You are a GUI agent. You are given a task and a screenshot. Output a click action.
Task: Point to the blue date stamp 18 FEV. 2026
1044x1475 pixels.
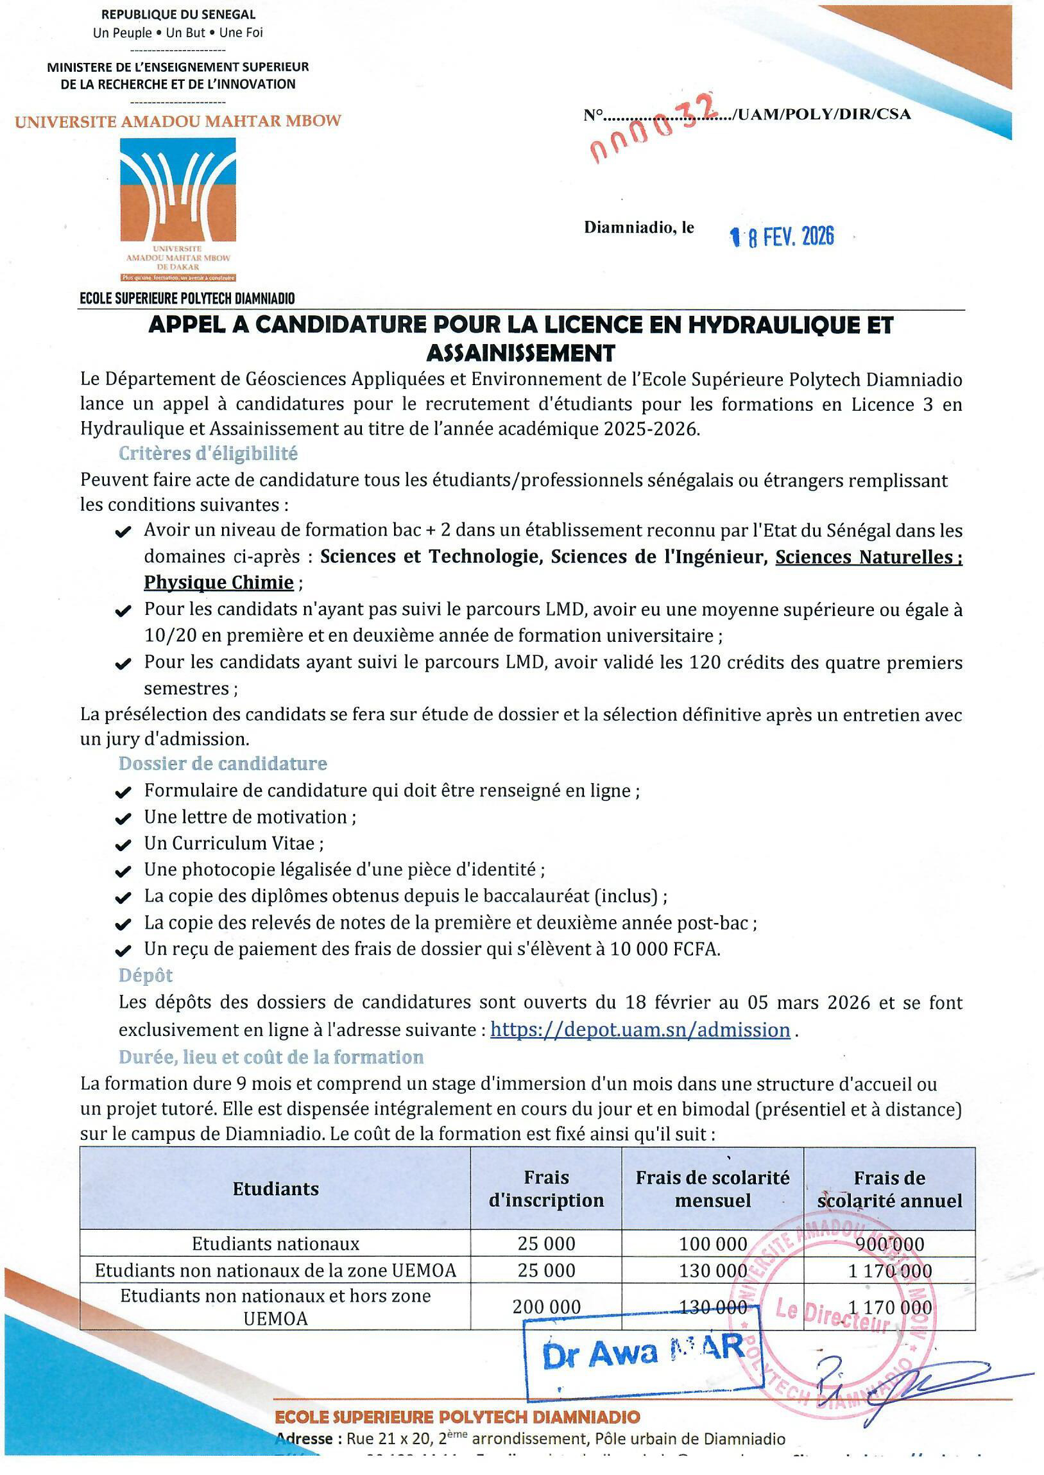point(782,237)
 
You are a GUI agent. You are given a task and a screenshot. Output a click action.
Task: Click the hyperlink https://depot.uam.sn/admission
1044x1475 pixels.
point(640,1030)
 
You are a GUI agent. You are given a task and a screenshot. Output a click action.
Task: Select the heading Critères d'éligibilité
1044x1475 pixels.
point(208,454)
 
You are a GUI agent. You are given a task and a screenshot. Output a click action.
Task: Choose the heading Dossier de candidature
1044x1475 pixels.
point(223,764)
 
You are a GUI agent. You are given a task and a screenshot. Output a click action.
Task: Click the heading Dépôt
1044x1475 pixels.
point(145,976)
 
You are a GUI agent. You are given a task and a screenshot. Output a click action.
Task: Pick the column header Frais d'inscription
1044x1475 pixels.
point(546,1189)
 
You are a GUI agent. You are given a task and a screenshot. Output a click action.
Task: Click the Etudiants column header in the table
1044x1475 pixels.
point(275,1189)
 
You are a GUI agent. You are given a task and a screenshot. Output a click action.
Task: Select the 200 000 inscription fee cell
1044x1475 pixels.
point(546,1307)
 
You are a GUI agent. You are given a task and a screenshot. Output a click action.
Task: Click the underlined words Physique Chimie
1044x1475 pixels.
point(219,583)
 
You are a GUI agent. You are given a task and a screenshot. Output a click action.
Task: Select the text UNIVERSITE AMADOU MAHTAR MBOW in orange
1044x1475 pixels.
point(178,121)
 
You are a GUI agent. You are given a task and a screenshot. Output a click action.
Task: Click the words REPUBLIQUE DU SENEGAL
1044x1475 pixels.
point(178,14)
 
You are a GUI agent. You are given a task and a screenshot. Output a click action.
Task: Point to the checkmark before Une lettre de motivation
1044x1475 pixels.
point(123,818)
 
